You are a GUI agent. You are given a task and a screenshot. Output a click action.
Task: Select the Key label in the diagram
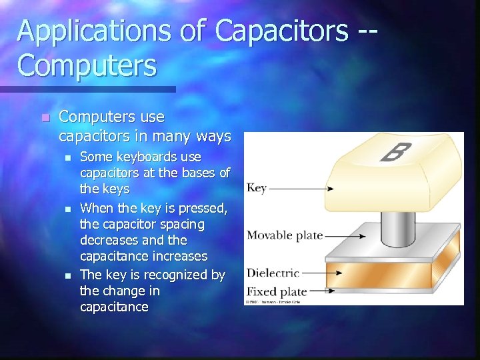[257, 188]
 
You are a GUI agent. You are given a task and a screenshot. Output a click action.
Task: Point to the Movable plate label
[285, 235]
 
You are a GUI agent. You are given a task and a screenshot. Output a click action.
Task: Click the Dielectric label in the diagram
[273, 273]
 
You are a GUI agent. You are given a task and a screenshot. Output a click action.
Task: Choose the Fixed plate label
[277, 291]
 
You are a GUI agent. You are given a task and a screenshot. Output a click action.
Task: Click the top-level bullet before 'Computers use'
[44, 118]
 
